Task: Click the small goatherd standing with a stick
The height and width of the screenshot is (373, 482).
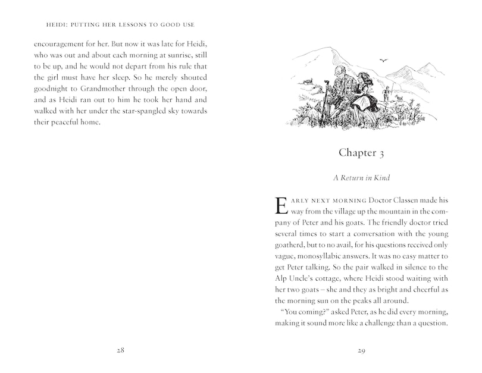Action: pyautogui.click(x=387, y=94)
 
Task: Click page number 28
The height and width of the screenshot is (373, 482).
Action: pyautogui.click(x=120, y=350)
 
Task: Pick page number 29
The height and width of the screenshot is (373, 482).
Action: pyautogui.click(x=361, y=350)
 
